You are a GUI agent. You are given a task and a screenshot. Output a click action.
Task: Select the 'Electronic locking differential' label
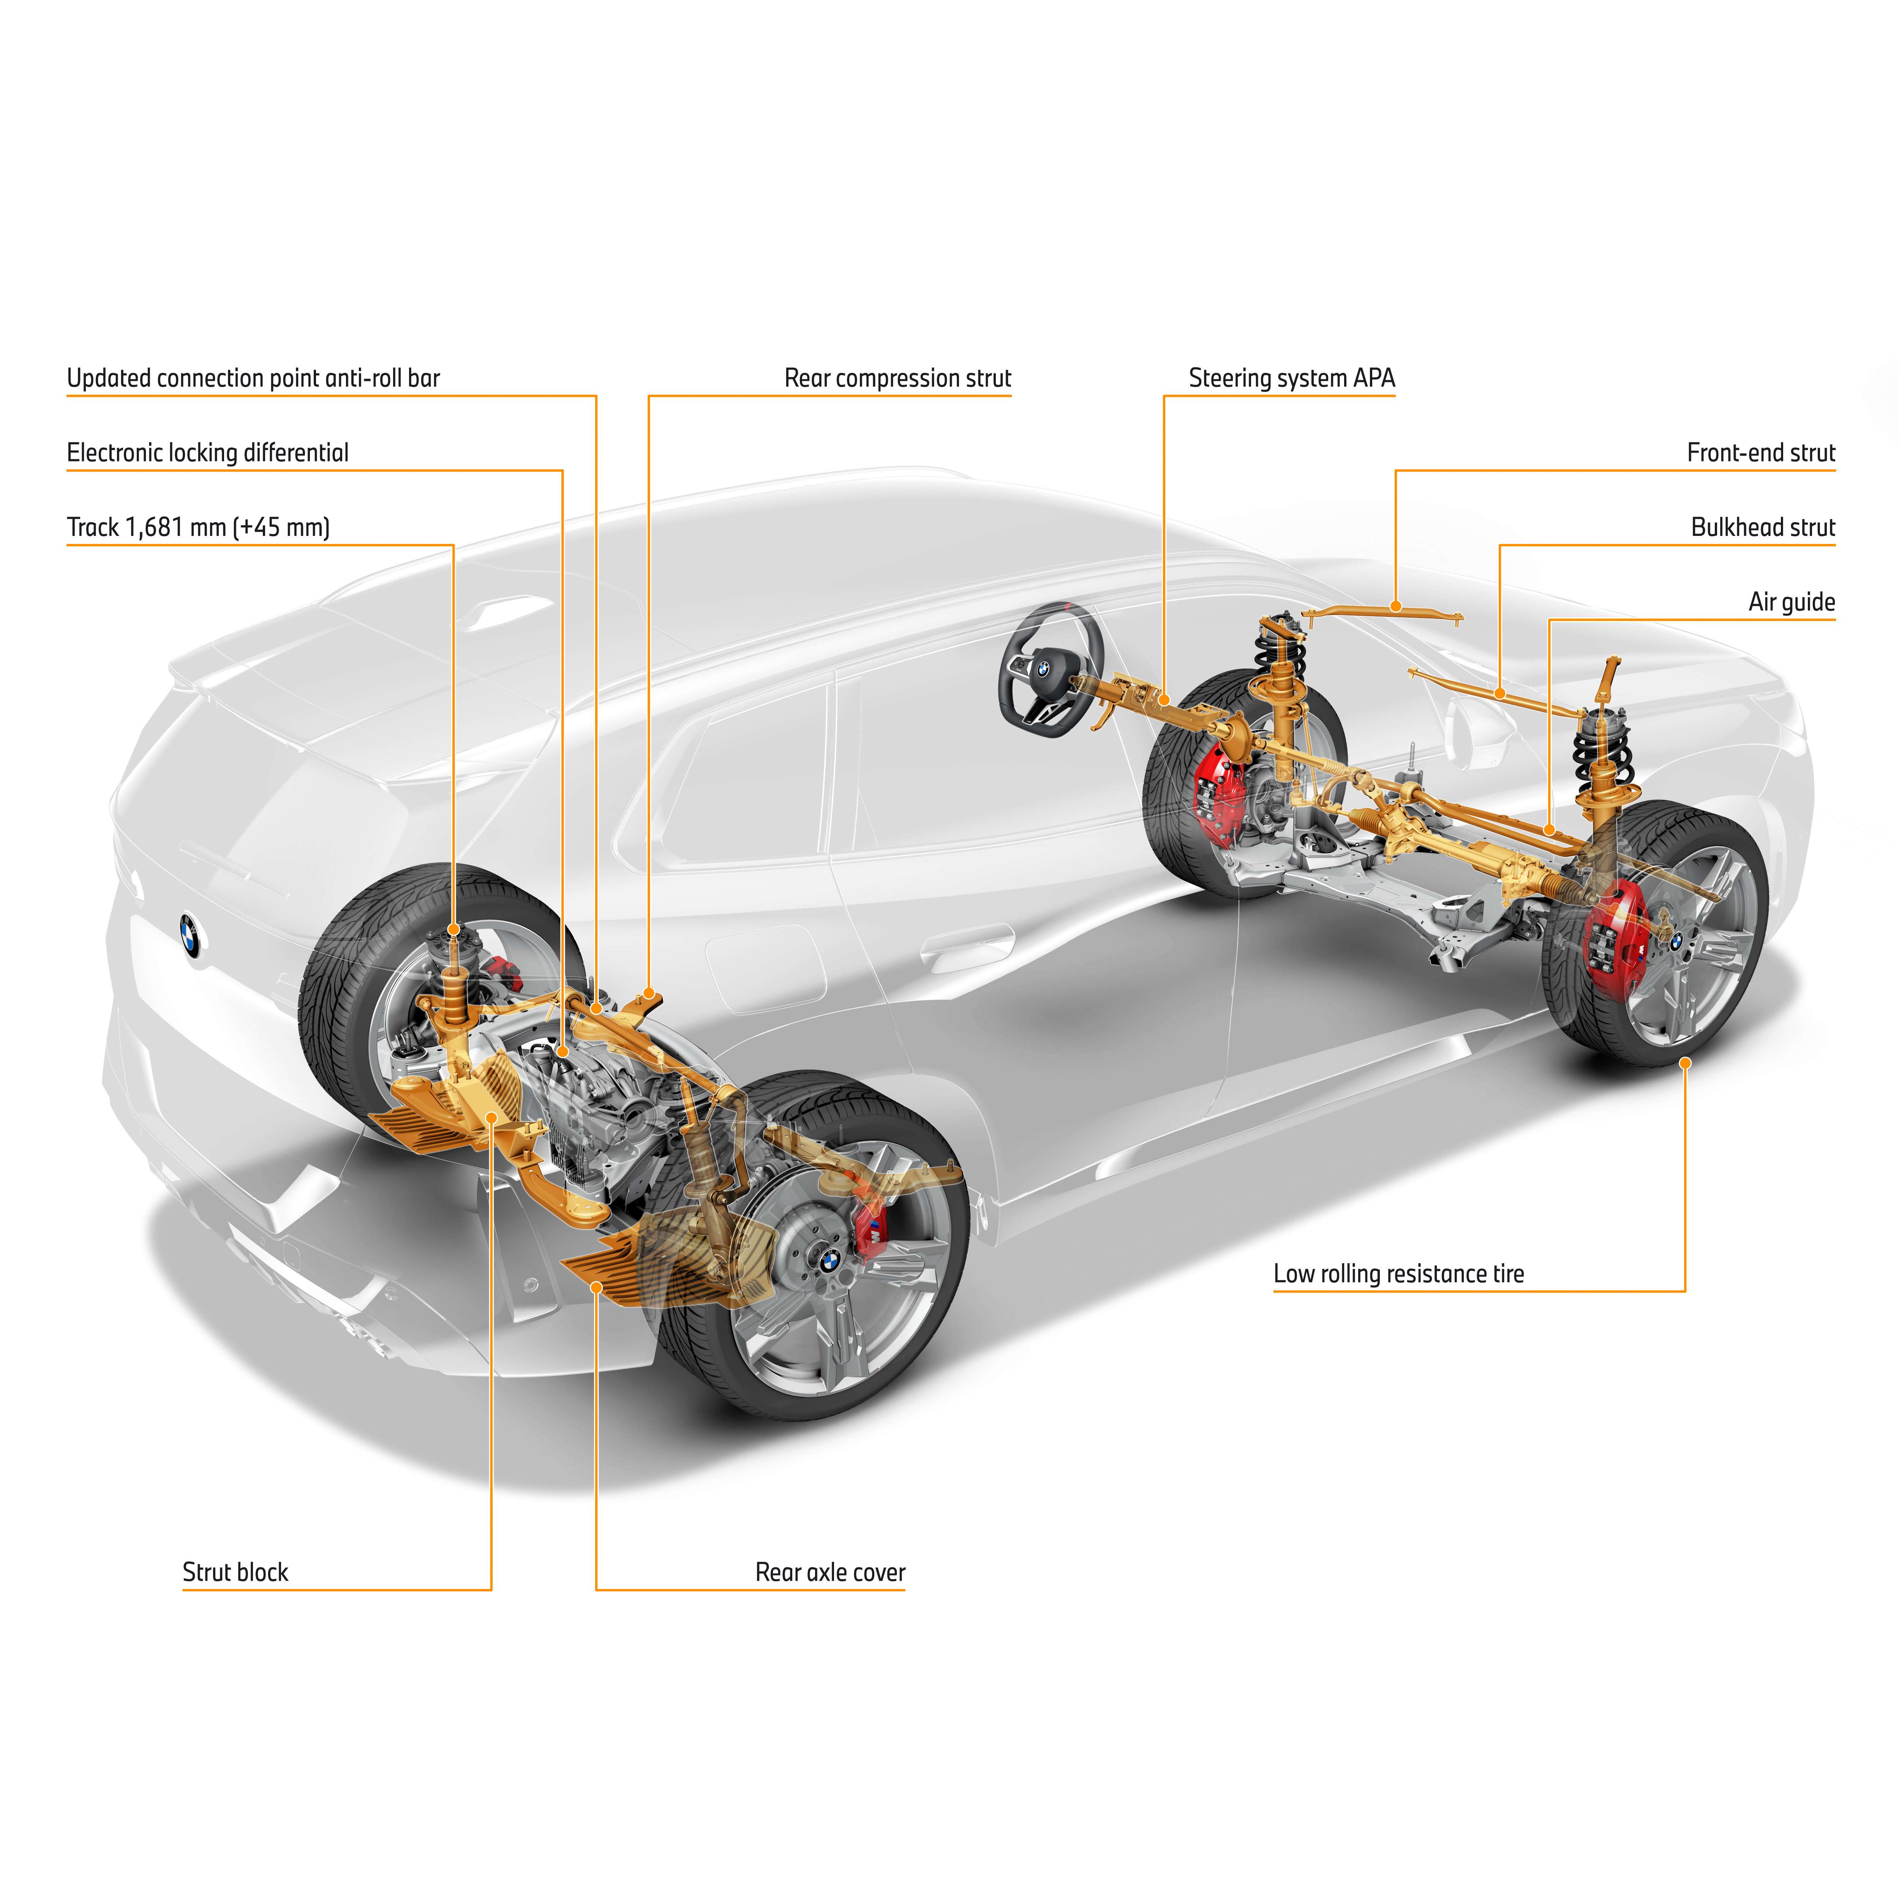click(207, 453)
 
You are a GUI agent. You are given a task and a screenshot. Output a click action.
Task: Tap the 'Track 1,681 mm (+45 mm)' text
click(197, 528)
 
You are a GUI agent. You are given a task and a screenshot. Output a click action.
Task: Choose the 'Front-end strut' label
click(1760, 453)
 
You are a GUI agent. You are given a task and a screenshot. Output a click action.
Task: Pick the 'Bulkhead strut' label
click(1762, 528)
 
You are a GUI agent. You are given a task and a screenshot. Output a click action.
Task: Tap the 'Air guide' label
click(1791, 602)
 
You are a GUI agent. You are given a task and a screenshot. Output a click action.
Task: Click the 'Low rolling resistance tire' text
click(1398, 1274)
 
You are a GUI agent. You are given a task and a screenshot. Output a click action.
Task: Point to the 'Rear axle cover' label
click(829, 1572)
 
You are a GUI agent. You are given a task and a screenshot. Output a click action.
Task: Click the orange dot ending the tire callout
click(1685, 1063)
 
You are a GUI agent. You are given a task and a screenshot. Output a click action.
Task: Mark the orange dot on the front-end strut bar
click(1396, 607)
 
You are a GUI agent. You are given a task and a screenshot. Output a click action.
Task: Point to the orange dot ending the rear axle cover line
click(596, 1287)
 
